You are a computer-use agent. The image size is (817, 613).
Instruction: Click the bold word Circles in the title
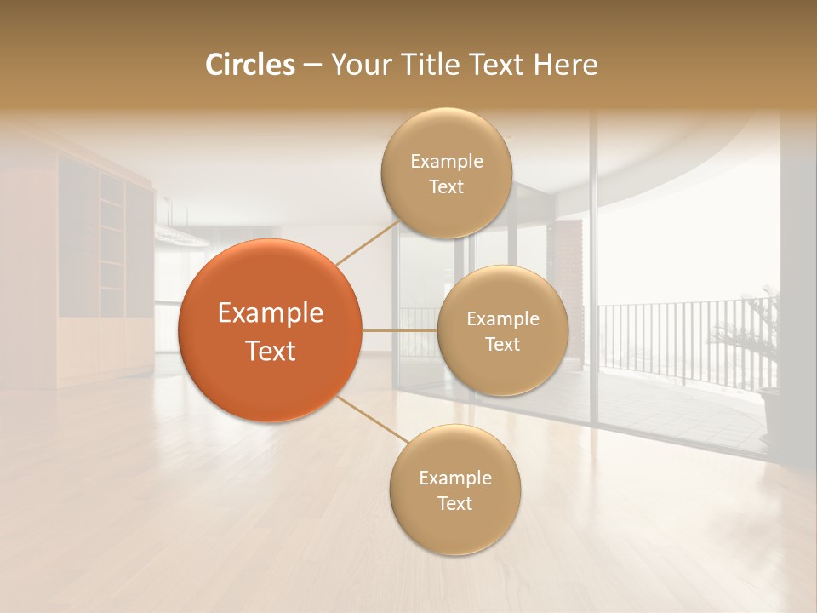(x=250, y=65)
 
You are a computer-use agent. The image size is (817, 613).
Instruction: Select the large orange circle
(x=271, y=330)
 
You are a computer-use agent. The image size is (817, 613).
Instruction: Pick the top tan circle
(x=446, y=174)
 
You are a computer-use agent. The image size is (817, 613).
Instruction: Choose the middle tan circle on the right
(x=503, y=331)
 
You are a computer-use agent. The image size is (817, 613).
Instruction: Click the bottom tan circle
(x=454, y=490)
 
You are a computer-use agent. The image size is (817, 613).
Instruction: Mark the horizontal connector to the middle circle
(x=400, y=330)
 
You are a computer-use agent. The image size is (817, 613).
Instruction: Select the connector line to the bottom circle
(x=370, y=419)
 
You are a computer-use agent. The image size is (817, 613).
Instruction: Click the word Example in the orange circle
(x=271, y=313)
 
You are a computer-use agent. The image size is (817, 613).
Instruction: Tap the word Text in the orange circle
(x=271, y=351)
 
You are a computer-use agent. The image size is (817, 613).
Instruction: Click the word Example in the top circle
(x=446, y=162)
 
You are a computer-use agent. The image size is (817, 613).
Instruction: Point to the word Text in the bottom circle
(x=454, y=503)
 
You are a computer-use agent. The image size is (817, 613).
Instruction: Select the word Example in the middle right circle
(x=503, y=319)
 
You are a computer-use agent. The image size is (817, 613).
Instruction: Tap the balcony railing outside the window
(x=664, y=341)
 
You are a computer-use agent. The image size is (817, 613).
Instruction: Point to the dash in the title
(x=311, y=66)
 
